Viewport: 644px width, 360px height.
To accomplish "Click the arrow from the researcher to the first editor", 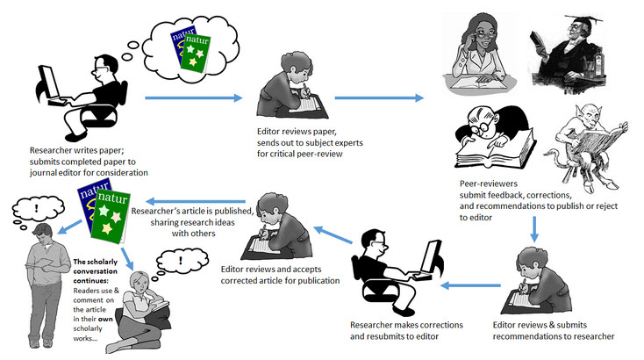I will [193, 97].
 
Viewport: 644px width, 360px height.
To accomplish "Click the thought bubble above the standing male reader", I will [39, 210].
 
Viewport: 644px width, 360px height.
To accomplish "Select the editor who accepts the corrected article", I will [272, 231].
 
